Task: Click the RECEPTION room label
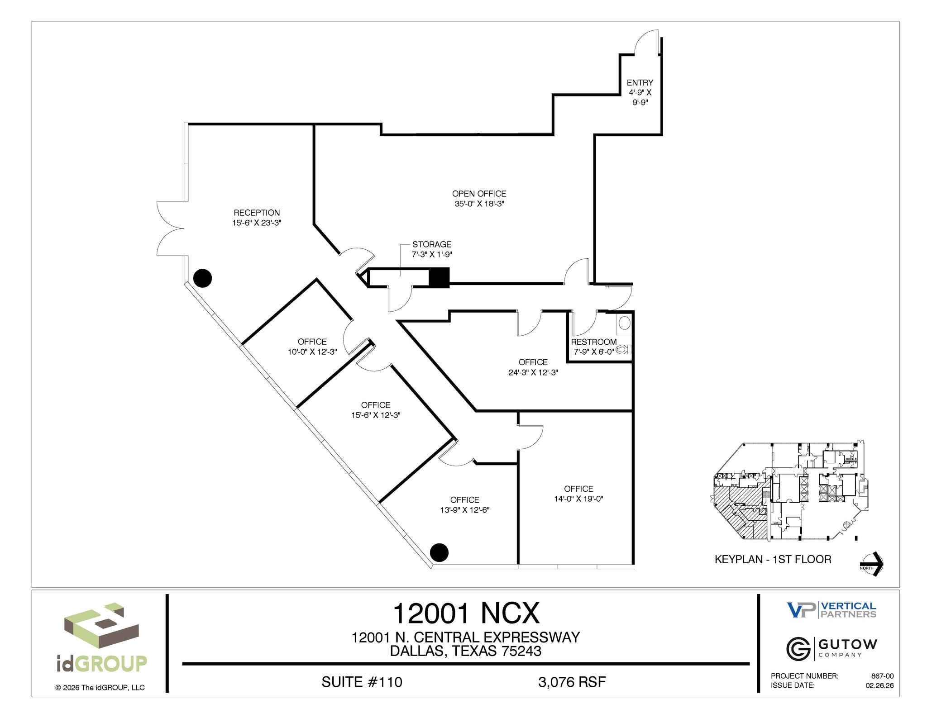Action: pos(257,213)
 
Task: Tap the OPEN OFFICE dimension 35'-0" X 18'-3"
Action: pos(479,204)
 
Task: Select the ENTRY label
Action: pos(640,83)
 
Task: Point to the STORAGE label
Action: pos(431,244)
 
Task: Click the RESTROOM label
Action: pos(593,342)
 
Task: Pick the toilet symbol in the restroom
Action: pos(624,349)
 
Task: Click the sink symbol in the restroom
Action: pos(625,323)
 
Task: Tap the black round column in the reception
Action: pos(202,278)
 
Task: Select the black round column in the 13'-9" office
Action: pos(439,552)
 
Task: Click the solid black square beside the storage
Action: pos(439,278)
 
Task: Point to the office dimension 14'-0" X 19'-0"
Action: pos(578,499)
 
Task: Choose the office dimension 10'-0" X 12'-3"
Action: pos(312,352)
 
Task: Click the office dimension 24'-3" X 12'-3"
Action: pos(533,373)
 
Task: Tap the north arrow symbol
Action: pos(872,564)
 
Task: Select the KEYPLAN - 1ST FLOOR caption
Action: pos(773,560)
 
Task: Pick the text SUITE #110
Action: pos(362,682)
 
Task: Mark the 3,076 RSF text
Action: pos(572,682)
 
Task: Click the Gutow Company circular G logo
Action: pos(798,649)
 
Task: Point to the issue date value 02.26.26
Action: pos(879,685)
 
